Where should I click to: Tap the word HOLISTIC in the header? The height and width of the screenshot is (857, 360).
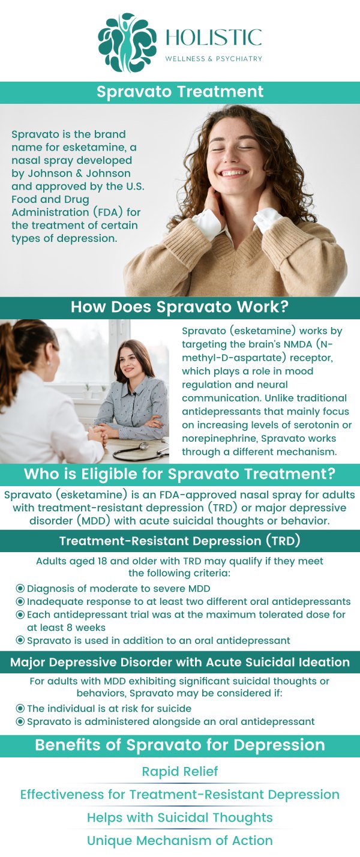coord(214,37)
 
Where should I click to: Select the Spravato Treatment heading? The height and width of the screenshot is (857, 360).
coord(180,92)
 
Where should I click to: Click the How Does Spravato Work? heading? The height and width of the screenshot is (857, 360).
coord(180,307)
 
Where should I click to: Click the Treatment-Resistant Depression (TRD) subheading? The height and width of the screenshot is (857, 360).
coord(180,541)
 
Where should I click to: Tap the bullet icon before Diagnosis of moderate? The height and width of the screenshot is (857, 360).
coord(20,589)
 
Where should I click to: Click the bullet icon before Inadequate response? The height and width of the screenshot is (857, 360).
coord(20,601)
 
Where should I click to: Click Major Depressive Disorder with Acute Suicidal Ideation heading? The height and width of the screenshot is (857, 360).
coord(180,663)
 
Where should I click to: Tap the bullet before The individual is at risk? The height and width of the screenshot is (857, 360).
coord(20,709)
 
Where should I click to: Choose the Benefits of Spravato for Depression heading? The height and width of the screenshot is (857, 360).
coord(180,745)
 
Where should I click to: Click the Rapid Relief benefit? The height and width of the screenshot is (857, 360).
coord(180,771)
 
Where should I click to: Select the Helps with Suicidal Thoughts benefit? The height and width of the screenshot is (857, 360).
coord(180,817)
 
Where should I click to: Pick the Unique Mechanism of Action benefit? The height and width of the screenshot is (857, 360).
coord(180,841)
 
